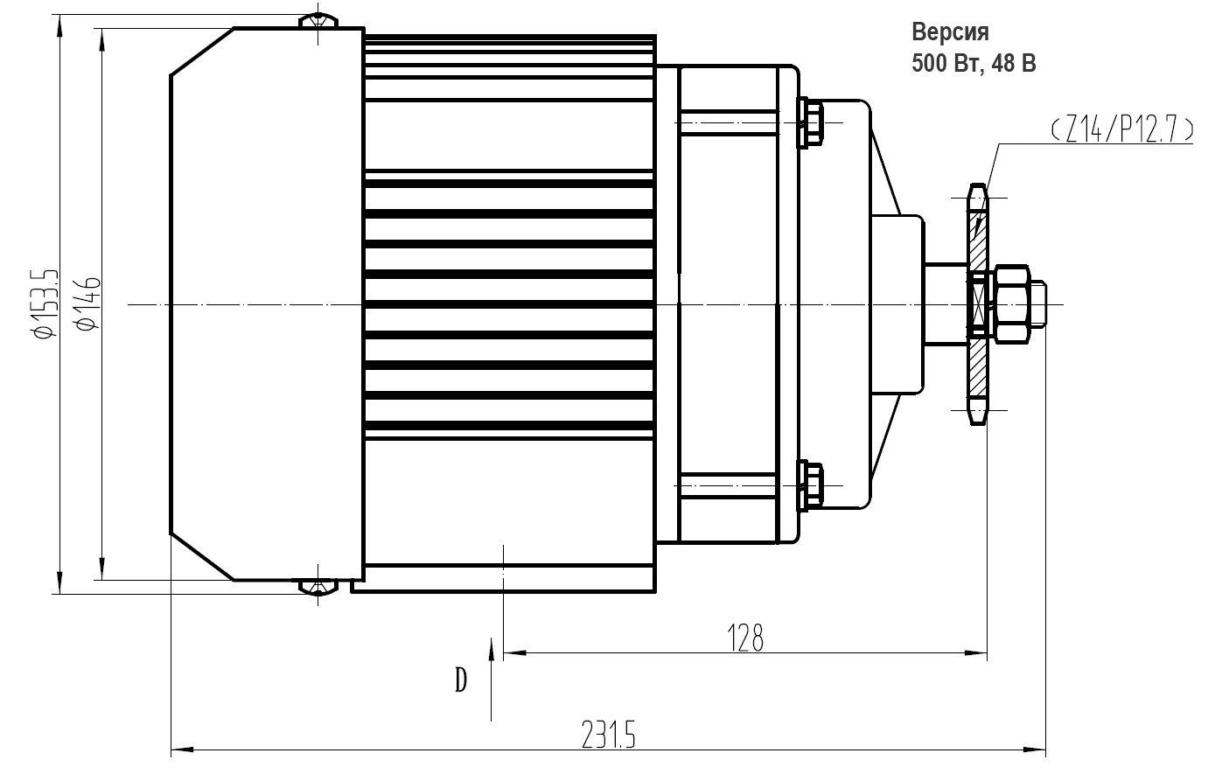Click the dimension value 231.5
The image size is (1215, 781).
607,733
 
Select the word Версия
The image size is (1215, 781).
950,33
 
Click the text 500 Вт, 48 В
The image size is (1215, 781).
974,64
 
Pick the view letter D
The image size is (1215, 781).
461,679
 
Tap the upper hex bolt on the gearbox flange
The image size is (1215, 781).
810,121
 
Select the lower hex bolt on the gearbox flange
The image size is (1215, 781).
810,485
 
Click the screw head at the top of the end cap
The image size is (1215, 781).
318,19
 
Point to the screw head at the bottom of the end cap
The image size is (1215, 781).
318,586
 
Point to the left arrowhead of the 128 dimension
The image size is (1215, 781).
512,652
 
